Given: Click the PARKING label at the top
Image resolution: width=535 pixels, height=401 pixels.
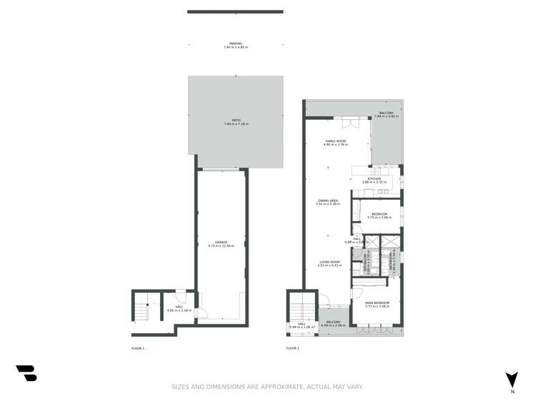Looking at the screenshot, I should pos(235,44).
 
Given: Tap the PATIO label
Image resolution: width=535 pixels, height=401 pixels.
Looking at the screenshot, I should pos(235,121).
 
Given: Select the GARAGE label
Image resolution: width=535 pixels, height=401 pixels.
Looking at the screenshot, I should pos(221,243).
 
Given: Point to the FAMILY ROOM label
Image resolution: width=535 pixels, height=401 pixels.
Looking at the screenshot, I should pos(336,141).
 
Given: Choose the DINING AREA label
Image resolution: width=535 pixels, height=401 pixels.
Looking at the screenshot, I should pos(329,200).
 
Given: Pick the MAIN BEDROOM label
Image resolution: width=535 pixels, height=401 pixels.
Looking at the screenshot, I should pos(376,303).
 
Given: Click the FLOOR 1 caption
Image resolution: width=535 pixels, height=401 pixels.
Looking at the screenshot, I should pos(138,348).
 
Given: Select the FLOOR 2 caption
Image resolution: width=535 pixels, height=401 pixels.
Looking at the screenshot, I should pos(293,348).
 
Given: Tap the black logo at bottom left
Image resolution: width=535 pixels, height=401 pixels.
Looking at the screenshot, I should pos(26,372).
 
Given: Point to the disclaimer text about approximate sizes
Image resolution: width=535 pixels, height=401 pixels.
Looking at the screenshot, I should pos(267,387).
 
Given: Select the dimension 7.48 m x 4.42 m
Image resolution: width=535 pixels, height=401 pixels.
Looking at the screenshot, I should pos(386,116).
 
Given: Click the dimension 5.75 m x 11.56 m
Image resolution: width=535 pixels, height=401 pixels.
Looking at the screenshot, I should pos(221,246).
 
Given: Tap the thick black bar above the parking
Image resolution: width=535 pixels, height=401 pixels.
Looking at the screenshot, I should pos(235,11).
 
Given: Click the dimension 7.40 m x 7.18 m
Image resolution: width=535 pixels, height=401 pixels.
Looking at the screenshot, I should pos(235,125).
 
